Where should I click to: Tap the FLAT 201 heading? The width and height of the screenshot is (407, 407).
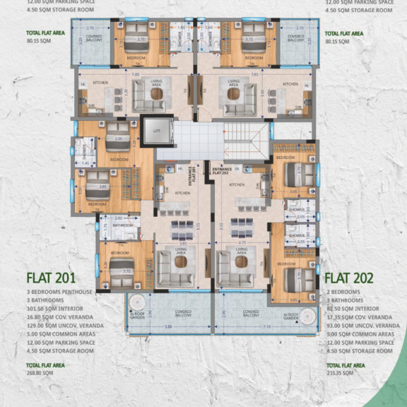[50, 277]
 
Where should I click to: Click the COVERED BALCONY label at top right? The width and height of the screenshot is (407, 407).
[295, 39]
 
